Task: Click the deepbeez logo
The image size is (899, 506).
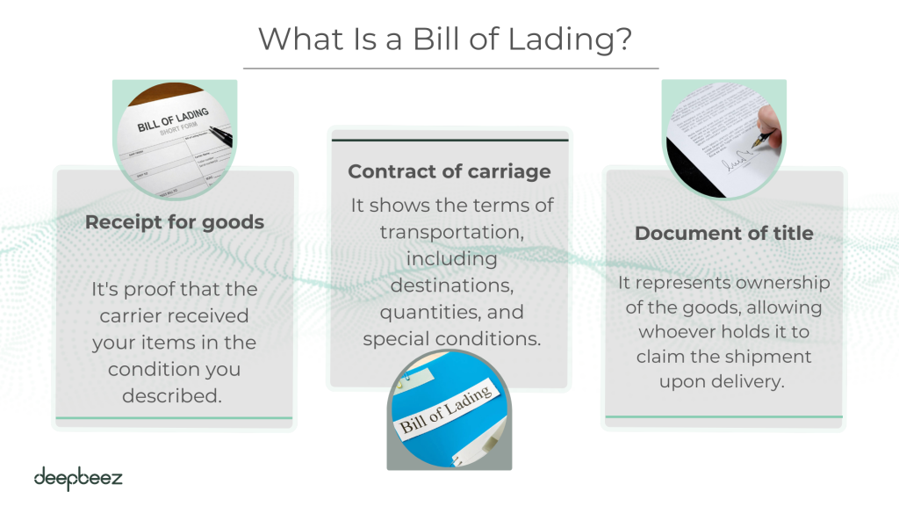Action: [x=78, y=479]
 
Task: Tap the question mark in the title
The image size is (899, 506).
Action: [x=624, y=39]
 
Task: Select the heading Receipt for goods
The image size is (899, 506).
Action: [x=175, y=222]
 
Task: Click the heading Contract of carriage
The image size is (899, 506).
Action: [x=449, y=171]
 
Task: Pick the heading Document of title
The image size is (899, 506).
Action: [x=724, y=233]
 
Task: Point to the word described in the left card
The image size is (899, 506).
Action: [x=171, y=395]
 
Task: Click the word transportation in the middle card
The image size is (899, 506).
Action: [x=452, y=232]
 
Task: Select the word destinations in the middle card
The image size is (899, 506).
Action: [x=452, y=286]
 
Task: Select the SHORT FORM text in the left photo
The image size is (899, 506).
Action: [x=178, y=128]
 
